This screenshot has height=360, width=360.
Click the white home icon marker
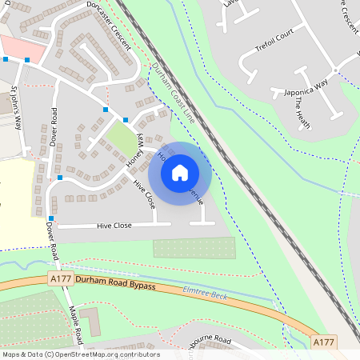[x=180, y=171]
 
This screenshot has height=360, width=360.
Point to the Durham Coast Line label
[x=171, y=91]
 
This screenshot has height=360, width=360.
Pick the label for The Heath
[x=301, y=110]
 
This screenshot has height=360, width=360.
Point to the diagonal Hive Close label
[x=145, y=194]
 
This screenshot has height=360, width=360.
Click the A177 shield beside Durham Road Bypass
[x=60, y=279]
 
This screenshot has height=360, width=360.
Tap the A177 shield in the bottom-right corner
[x=323, y=342]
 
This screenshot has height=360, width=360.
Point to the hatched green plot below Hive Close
[x=194, y=247]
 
